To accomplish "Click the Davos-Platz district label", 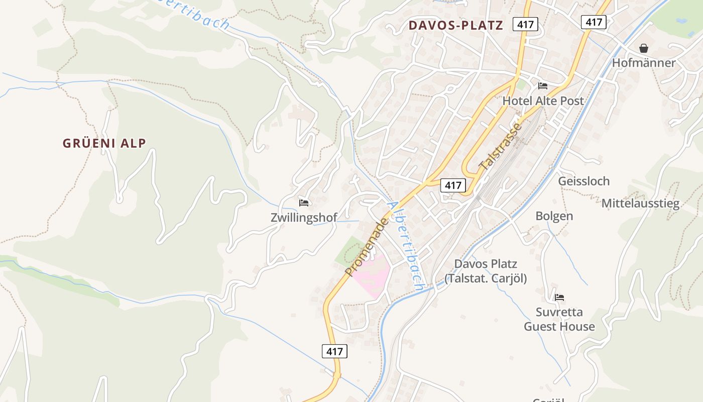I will pos(455,26).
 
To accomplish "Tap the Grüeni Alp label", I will pos(104,143).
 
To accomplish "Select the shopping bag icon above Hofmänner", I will pos(644,48).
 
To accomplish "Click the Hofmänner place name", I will pos(644,63).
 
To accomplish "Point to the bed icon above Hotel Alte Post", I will pos(543,86).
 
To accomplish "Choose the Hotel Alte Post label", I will pos(543,100).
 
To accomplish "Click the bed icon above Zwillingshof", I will pos(304,203).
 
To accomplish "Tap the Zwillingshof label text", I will pos(304,218).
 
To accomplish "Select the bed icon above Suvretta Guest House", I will pos(559,297).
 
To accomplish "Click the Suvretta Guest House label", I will pos(559,319).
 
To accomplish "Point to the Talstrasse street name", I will pos(501,146).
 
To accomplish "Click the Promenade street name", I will pos(367,247).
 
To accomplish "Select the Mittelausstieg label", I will pos(640,204).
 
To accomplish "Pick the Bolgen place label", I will pos(554,216).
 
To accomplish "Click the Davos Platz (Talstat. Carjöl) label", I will pos(485,271).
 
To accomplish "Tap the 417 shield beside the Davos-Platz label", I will pos(525,24).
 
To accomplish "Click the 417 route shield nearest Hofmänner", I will pos(594,22).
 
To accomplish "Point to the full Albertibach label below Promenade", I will pos(407,246).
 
